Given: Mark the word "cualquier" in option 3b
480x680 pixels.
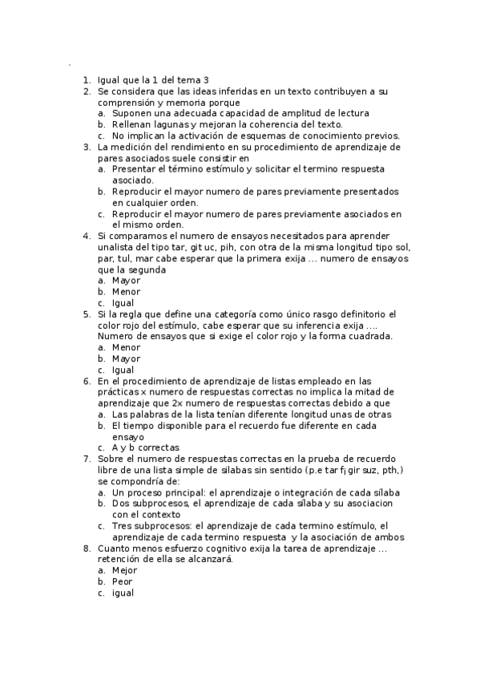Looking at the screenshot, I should tap(164, 204).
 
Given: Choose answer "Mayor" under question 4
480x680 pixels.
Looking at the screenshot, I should tap(126, 281).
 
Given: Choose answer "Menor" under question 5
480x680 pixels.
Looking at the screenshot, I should tap(126, 348).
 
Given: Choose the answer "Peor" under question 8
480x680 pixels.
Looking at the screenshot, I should tap(123, 582).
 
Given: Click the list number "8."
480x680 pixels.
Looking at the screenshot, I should tap(87, 548).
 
